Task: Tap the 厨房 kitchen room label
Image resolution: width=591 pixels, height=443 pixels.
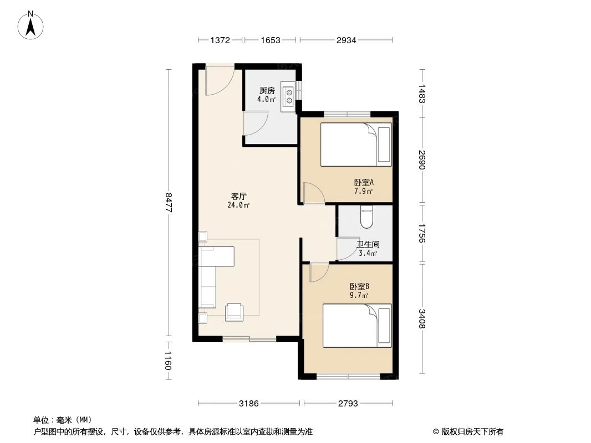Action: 267,91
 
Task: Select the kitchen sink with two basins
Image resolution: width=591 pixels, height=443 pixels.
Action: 288,96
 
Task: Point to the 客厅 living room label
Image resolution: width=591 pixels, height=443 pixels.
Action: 238,196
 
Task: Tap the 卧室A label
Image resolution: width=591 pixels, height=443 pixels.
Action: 364,182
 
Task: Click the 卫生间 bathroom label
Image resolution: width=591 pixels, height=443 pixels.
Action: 368,244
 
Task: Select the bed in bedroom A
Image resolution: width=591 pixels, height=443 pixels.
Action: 356,144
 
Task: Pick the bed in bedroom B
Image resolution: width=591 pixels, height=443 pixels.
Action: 357,325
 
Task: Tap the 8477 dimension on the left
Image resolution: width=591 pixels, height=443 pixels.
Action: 170,203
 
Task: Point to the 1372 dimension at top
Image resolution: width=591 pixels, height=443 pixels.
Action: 220,40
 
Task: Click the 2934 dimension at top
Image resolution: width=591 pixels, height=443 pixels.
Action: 346,40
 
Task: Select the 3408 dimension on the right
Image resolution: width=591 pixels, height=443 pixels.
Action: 422,318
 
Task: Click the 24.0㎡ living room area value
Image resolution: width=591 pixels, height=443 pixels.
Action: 238,205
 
